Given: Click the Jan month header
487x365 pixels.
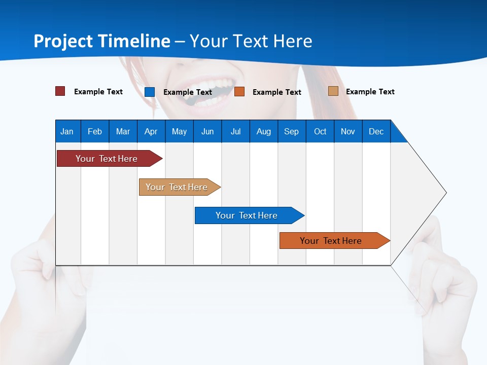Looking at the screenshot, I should coord(67,131).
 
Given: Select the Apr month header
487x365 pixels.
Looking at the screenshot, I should coord(151,131).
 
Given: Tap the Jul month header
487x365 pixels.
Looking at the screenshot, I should coord(235,131).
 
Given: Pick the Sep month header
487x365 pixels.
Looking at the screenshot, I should coord(291,131).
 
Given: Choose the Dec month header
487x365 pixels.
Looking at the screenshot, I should coord(376,131).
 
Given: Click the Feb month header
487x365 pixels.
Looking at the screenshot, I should coord(95,131).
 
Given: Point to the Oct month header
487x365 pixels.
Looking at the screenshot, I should coord(320,131).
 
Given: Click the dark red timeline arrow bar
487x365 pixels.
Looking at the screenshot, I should coord(107,159).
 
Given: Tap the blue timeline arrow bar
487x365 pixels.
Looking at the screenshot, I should coord(247,215).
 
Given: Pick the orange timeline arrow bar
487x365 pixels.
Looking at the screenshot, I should coord(331,241).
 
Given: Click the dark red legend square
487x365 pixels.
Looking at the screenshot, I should coord(60,91).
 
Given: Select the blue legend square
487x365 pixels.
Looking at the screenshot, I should coord(150,92).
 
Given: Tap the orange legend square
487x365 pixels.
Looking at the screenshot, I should coord(239,92).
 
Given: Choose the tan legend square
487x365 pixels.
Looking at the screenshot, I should coord(333,91).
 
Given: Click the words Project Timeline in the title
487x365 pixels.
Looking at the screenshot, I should coord(101,41).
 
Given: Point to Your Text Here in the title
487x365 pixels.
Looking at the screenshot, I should coord(251,41).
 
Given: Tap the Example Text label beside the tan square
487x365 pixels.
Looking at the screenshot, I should coord(370,92).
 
